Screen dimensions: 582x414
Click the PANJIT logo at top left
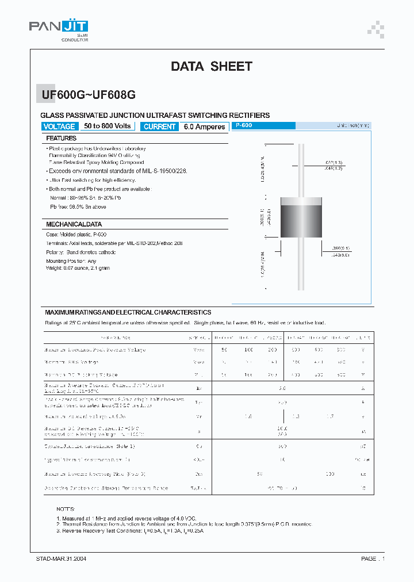tap(58, 27)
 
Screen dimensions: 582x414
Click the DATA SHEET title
tap(211, 66)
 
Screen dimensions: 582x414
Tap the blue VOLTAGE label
tap(59, 127)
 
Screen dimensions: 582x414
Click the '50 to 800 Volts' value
tap(108, 126)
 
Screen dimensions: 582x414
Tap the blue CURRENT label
tap(160, 127)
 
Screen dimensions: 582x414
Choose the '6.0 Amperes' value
tap(204, 127)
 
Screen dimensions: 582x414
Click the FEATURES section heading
tap(61, 139)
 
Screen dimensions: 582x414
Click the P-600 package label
tap(244, 125)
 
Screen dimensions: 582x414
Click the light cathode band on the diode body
tap(300, 201)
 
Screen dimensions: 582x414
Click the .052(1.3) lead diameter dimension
tap(333, 163)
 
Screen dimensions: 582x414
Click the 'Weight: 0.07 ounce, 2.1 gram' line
tap(78, 268)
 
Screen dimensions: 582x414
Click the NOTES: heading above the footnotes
tap(66, 510)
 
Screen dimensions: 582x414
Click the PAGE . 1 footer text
tap(373, 558)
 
